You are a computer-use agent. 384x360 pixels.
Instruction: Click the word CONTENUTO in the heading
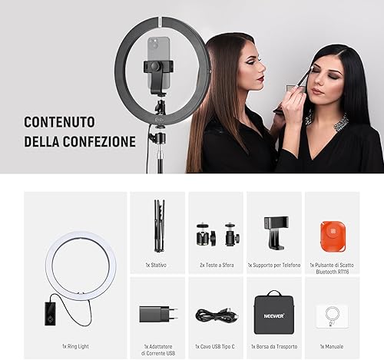pos(59,122)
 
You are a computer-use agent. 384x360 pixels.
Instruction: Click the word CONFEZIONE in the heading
pos(99,141)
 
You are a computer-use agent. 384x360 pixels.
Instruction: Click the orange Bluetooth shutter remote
pos(333,236)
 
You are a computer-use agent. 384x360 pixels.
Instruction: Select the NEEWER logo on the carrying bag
pos(274,316)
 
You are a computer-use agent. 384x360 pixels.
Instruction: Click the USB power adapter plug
pos(158,314)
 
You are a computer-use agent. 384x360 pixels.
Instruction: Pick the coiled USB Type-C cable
pos(217,315)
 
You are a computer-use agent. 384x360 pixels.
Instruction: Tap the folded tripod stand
pos(159,226)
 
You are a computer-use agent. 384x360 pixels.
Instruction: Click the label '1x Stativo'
pos(156,265)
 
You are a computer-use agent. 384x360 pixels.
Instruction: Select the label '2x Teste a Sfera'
pos(217,265)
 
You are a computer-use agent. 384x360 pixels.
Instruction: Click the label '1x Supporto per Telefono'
pos(274,265)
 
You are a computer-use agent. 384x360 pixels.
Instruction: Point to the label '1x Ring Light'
pos(75,346)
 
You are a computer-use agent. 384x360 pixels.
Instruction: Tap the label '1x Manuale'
pos(332,346)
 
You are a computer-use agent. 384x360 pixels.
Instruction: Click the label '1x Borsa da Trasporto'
pos(274,346)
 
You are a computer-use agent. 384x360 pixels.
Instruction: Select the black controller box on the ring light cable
pos(50,314)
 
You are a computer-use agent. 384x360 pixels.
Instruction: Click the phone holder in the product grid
pos(276,233)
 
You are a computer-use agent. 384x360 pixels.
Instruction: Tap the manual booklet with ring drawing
pos(332,316)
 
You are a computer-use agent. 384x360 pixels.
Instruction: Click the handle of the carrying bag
pos(274,293)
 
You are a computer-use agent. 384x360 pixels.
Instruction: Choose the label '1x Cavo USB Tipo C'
pos(215,346)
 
